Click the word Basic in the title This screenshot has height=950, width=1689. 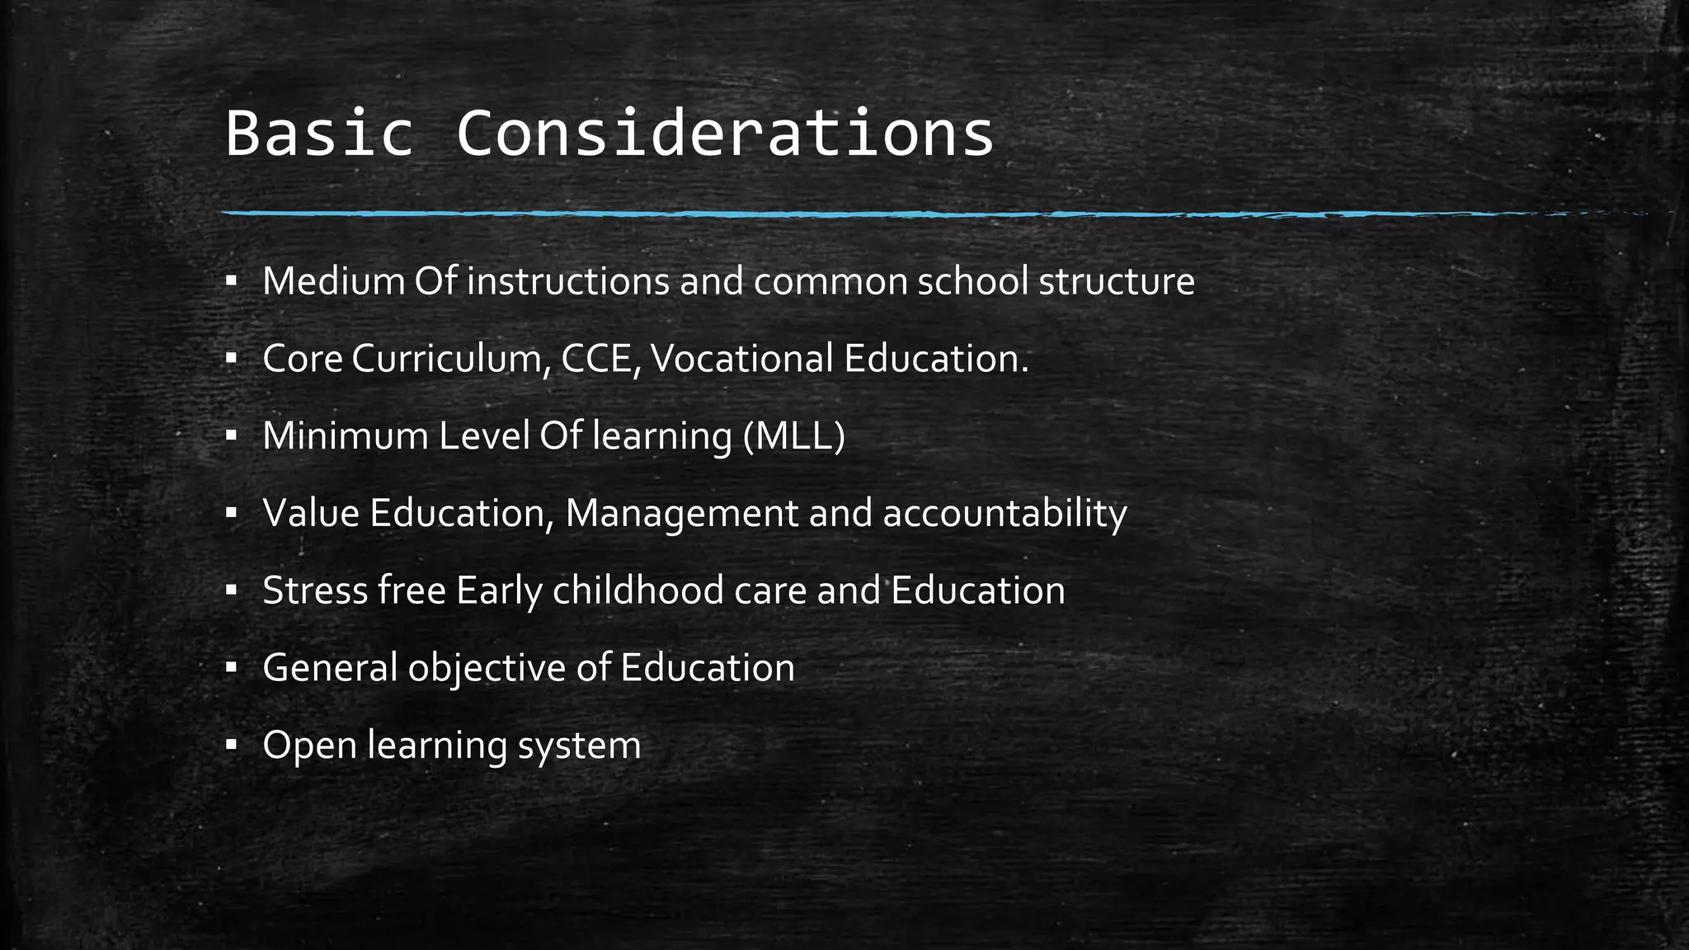(x=318, y=134)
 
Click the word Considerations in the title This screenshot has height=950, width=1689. (x=725, y=134)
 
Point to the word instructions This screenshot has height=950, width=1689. (x=567, y=281)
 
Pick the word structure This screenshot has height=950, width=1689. (x=1116, y=281)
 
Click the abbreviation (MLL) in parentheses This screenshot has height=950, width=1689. (x=793, y=436)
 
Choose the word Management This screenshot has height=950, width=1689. (x=681, y=514)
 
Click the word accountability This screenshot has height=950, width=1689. (x=1004, y=514)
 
